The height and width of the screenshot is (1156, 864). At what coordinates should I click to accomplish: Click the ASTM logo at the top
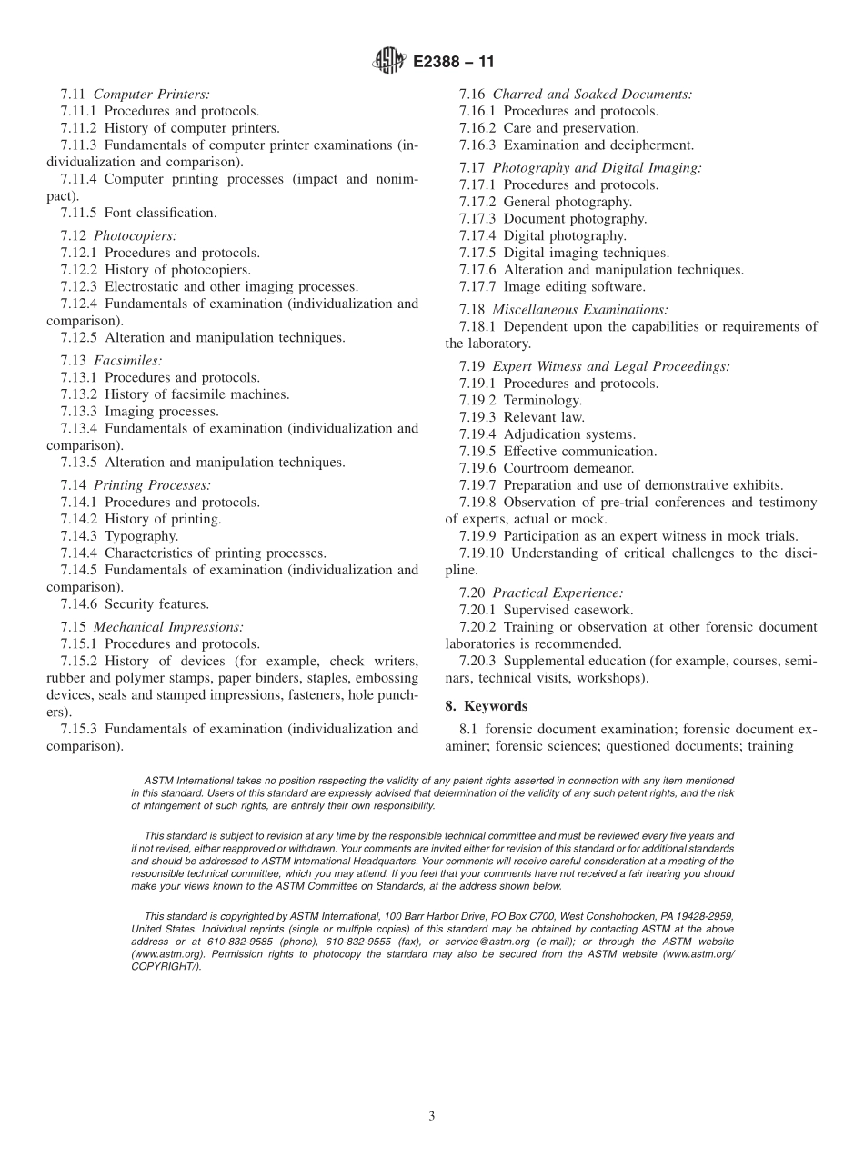[388, 63]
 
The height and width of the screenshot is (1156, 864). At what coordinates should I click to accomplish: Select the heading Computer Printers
[152, 94]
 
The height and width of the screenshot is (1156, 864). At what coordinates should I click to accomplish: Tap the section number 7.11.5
[80, 213]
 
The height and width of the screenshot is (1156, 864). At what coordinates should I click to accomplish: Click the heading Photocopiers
[135, 235]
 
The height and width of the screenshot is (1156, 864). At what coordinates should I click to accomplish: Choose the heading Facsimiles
[128, 360]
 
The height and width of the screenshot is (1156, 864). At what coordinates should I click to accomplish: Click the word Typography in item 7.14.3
[141, 536]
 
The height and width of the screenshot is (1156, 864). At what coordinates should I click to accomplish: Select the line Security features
[156, 603]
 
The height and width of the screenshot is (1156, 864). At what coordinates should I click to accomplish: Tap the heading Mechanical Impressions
[168, 627]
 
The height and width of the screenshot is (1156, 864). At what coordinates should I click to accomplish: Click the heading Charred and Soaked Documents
[592, 94]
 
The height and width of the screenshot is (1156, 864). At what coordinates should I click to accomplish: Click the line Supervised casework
[568, 610]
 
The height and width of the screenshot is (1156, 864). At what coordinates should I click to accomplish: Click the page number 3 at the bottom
[432, 1116]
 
